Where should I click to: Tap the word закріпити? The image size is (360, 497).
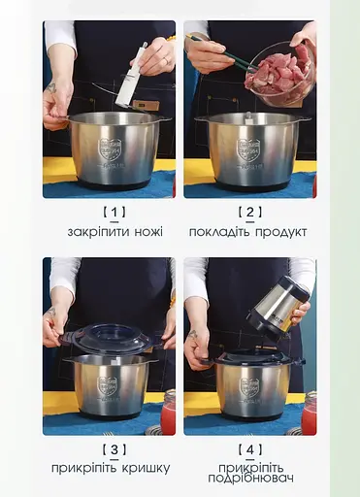98,232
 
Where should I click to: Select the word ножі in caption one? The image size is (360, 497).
147,232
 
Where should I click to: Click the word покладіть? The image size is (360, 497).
220,232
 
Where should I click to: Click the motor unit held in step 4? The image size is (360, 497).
276,309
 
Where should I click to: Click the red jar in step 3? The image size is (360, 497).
169,413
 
